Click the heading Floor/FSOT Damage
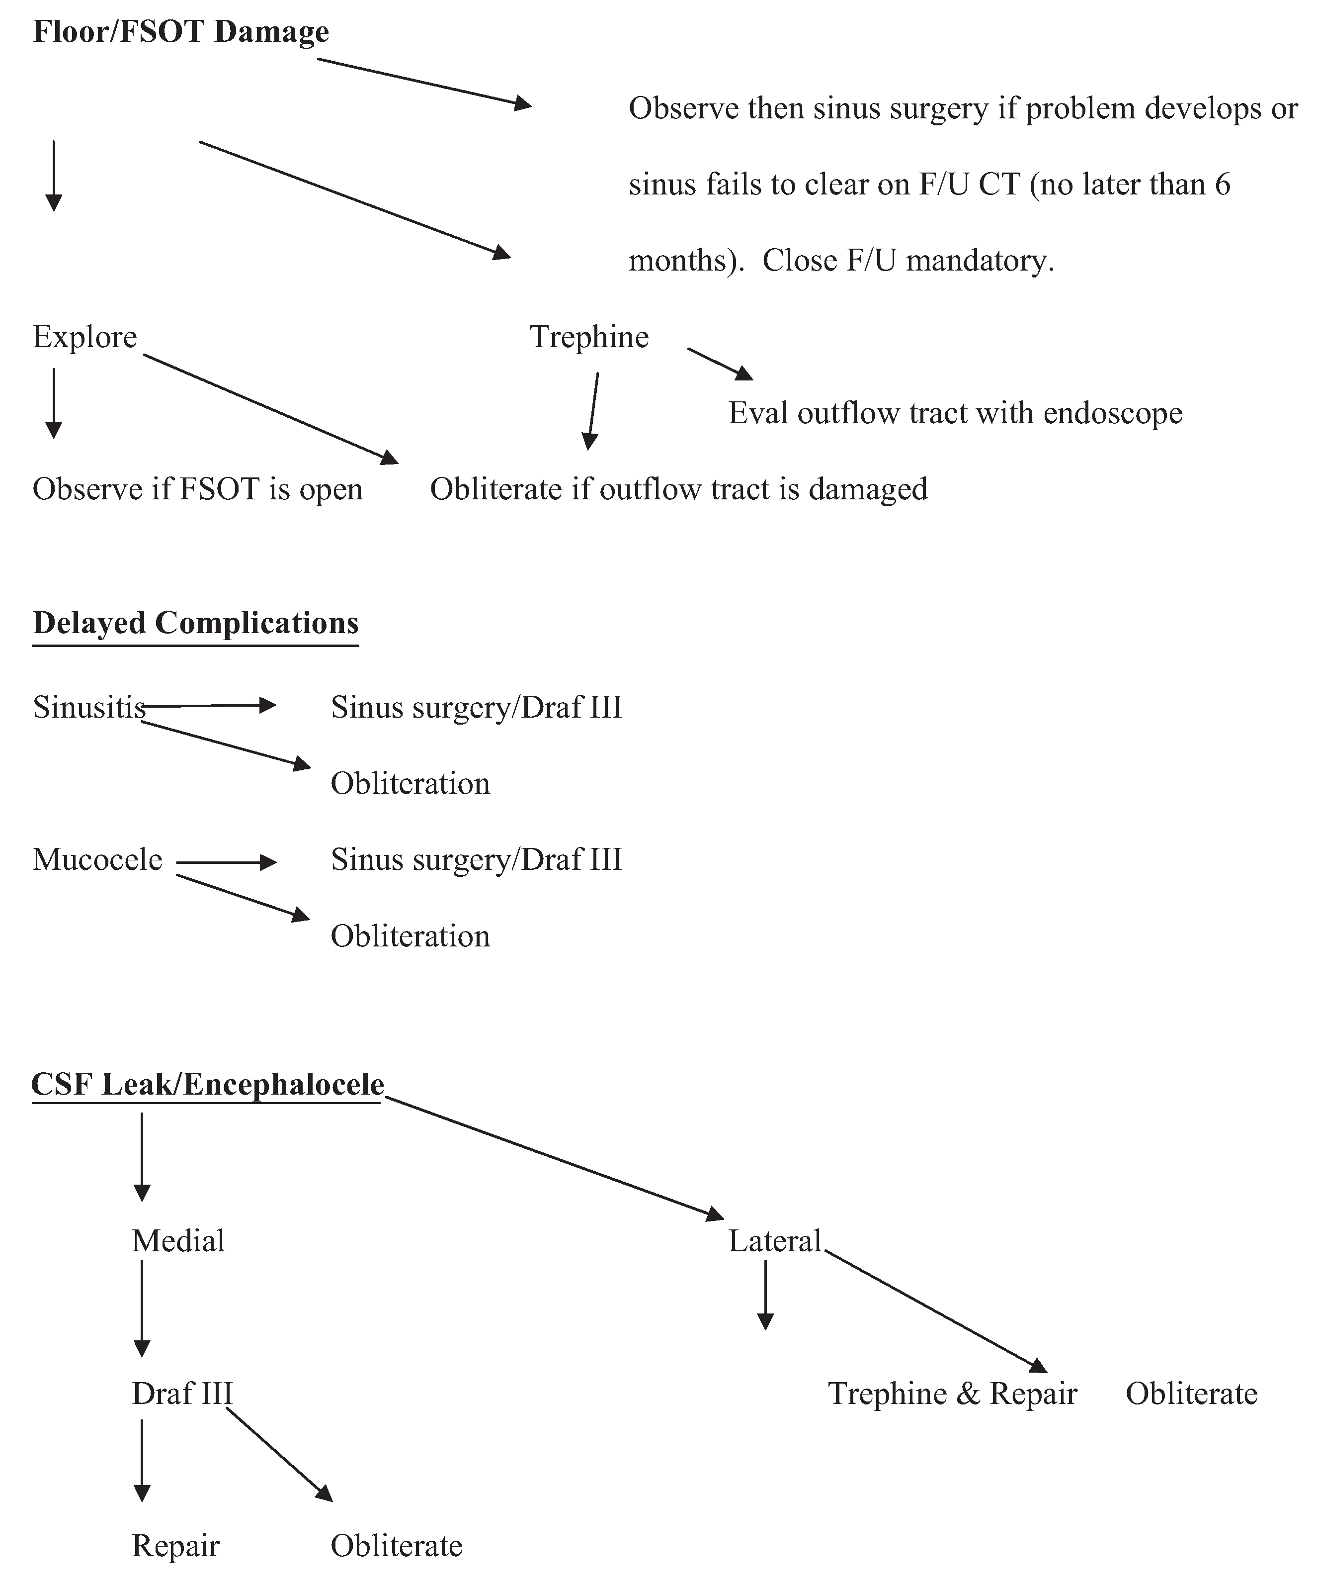click(181, 32)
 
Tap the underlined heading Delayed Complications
click(195, 624)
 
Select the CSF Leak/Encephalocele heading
click(208, 1085)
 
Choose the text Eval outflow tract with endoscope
click(955, 414)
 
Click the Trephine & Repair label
click(952, 1394)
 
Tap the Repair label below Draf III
click(175, 1547)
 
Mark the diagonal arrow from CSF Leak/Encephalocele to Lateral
click(555, 1157)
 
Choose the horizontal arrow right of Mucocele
click(227, 862)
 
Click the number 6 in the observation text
click(1222, 185)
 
